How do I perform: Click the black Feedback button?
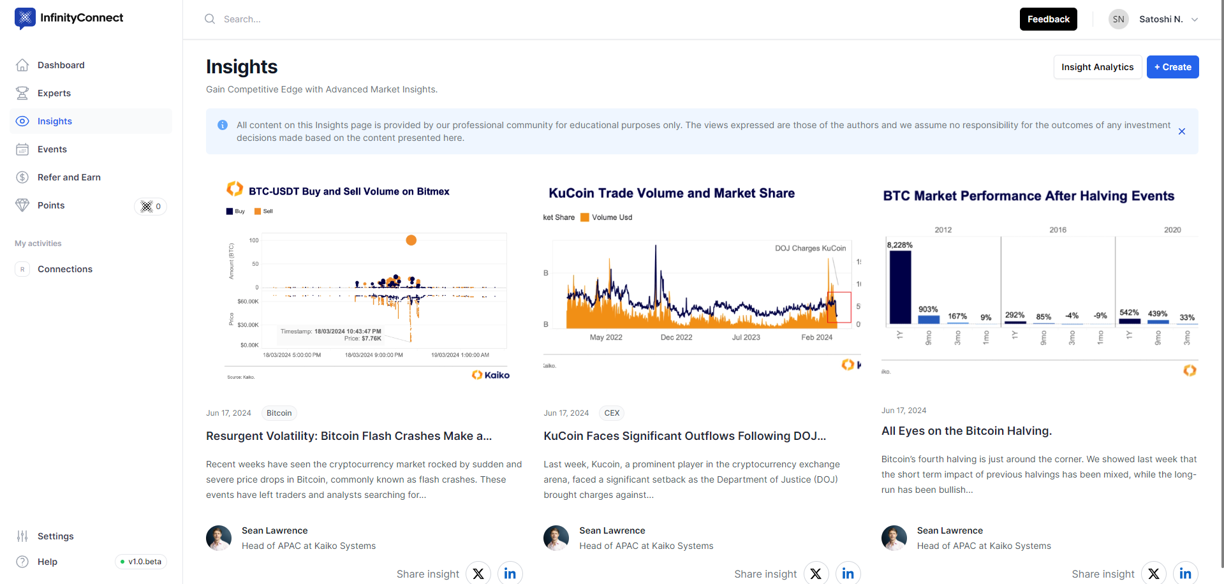pos(1048,19)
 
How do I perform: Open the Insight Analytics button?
pos(1097,67)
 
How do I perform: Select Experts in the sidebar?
pos(54,93)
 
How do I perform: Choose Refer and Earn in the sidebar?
pos(69,177)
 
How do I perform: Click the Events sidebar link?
pos(52,149)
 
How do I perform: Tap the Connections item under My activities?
pos(65,269)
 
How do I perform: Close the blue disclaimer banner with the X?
pos(1181,131)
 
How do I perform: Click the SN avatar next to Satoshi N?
pos(1118,19)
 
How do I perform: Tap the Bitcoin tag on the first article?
pos(279,413)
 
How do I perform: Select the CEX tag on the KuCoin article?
pos(612,413)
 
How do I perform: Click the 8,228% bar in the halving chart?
pos(900,287)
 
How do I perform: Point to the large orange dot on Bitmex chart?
pos(411,240)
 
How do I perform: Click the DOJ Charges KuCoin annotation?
pos(810,248)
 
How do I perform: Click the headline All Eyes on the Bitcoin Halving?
pos(966,431)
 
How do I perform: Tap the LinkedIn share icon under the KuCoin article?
pos(848,574)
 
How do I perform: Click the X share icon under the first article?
pos(478,574)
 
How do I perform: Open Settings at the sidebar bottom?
pos(55,536)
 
